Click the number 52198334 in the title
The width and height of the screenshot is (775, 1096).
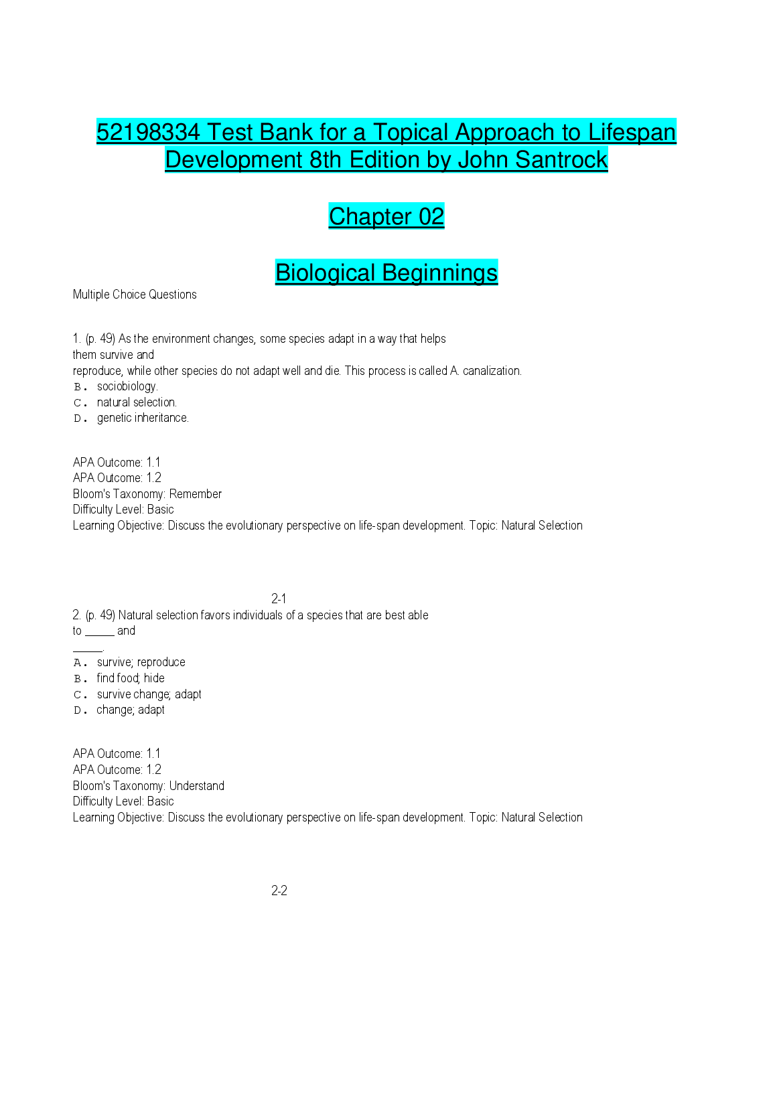coord(148,132)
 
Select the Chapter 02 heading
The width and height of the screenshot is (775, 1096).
coord(386,216)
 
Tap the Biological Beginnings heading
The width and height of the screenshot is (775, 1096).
coord(386,272)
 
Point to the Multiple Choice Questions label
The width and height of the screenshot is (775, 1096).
coord(135,295)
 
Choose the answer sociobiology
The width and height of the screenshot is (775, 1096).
coord(127,386)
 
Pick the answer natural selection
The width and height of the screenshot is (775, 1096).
coord(137,402)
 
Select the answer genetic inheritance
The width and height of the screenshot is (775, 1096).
coord(143,418)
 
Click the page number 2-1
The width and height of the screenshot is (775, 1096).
coord(279,599)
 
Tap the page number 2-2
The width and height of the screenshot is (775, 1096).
coord(279,890)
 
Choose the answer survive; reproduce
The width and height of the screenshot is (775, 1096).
coord(141,662)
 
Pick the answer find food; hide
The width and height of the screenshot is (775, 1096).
coord(131,678)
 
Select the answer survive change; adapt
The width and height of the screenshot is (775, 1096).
coord(149,694)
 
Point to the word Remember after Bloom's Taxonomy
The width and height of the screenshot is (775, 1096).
coord(195,494)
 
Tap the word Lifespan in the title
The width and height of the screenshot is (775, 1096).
coord(632,132)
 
